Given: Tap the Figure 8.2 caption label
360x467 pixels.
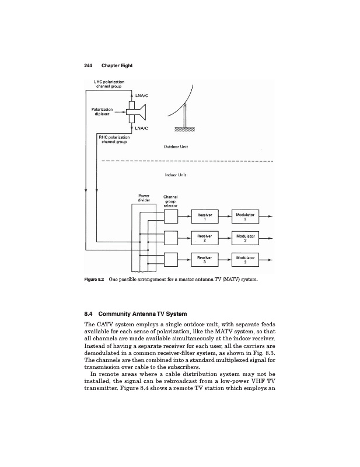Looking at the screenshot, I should pyautogui.click(x=96, y=280).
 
